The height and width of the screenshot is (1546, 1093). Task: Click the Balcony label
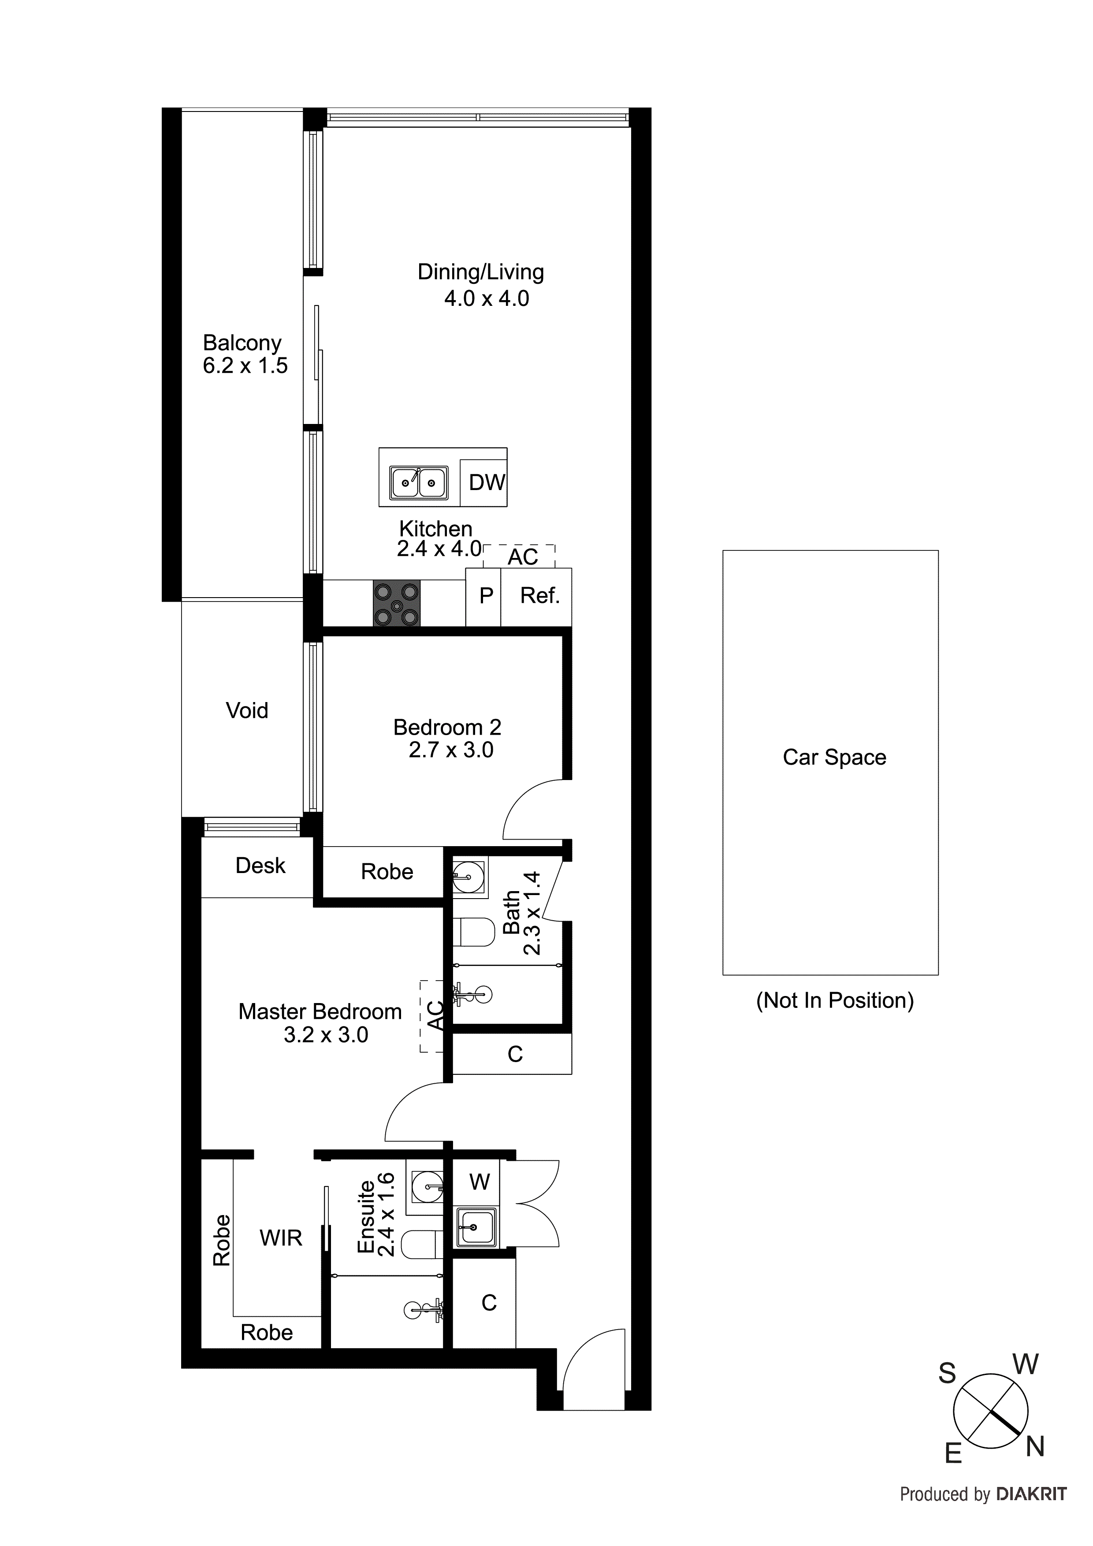pos(242,343)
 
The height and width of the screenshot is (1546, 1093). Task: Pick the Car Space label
pos(834,758)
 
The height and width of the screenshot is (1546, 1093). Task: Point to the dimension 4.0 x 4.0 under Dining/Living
pos(486,298)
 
